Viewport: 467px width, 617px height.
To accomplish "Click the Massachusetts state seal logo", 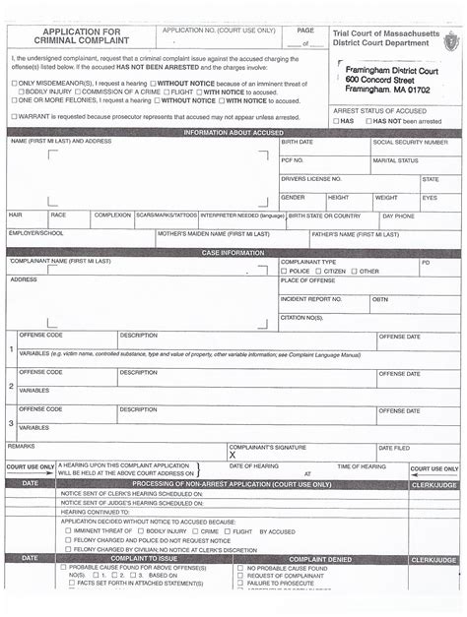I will (x=450, y=40).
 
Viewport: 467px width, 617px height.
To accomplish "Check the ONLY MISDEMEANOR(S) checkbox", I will (x=14, y=84).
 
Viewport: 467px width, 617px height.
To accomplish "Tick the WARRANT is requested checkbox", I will (x=14, y=117).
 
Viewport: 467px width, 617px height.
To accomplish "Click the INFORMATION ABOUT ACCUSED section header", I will (x=233, y=132).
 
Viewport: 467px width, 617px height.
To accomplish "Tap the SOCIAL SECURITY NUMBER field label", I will (x=410, y=142).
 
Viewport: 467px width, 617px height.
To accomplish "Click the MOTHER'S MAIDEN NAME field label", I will (x=204, y=234).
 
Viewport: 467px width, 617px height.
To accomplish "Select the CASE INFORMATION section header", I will (x=233, y=253).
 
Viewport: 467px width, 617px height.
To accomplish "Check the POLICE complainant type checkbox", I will (x=285, y=271).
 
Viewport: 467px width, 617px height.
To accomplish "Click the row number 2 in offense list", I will (x=11, y=386).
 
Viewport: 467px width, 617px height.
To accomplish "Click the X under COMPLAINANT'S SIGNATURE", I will (x=233, y=456).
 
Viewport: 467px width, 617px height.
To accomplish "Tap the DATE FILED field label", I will (x=394, y=448).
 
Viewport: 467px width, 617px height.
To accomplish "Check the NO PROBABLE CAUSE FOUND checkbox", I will (x=240, y=569).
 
